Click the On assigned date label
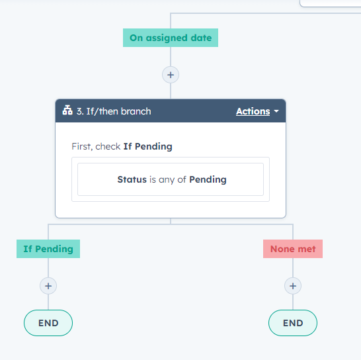(171, 38)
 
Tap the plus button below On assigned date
(171, 75)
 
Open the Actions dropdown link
(253, 111)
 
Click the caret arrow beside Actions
(276, 111)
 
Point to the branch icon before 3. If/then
(67, 110)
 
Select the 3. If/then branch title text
(114, 111)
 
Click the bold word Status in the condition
(132, 179)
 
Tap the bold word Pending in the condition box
(208, 179)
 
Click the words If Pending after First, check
(148, 147)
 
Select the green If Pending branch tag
(48, 249)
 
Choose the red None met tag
(293, 249)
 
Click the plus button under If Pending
(48, 286)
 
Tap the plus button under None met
(293, 286)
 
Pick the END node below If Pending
(48, 323)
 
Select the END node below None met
(293, 323)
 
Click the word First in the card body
(82, 147)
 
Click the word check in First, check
(108, 147)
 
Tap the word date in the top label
(201, 38)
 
